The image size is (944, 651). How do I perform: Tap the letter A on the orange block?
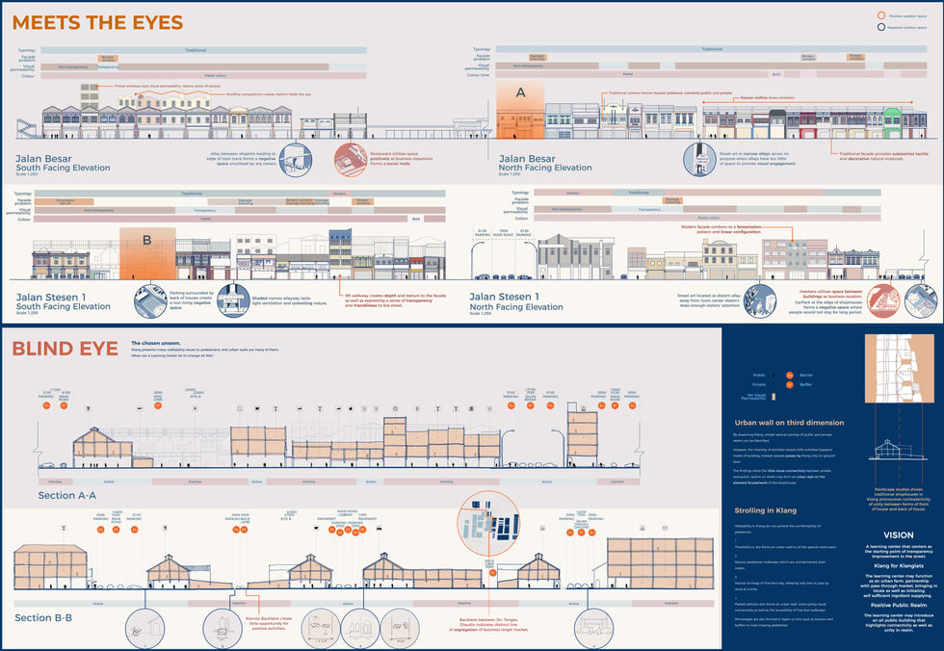pyautogui.click(x=521, y=92)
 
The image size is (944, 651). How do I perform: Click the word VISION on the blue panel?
pyautogui.click(x=898, y=534)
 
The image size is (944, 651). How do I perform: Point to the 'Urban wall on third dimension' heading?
pyautogui.click(x=789, y=423)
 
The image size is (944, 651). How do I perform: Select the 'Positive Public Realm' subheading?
pyautogui.click(x=898, y=605)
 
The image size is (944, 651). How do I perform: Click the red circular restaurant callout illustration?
pyautogui.click(x=349, y=160)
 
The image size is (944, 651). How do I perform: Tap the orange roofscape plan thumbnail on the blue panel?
pyautogui.click(x=898, y=376)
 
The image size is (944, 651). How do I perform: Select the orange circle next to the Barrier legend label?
pyautogui.click(x=789, y=374)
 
